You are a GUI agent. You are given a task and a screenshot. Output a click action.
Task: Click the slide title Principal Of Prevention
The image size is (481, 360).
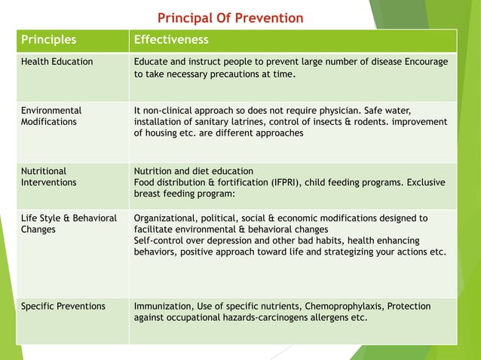click(x=230, y=17)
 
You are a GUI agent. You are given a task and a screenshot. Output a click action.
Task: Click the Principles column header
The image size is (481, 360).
click(x=48, y=39)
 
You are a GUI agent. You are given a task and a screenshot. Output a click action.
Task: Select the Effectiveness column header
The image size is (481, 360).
click(x=171, y=39)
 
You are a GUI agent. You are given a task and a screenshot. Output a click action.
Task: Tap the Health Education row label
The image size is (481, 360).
click(x=57, y=62)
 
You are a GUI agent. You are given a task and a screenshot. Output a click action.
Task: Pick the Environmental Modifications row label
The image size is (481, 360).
click(x=51, y=115)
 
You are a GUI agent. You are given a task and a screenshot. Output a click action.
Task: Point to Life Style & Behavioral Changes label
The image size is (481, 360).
click(x=69, y=224)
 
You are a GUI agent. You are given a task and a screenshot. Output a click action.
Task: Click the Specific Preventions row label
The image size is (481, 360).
click(x=63, y=307)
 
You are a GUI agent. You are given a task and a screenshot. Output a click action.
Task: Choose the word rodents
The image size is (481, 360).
click(x=360, y=121)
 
